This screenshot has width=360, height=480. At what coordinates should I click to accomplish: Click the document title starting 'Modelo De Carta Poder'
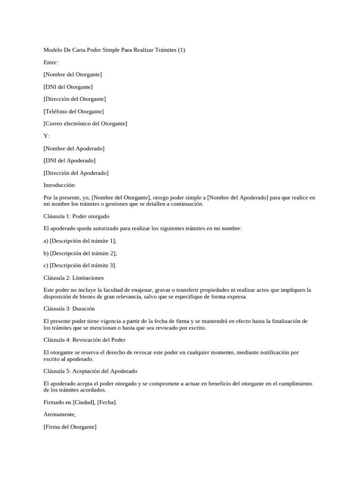114,50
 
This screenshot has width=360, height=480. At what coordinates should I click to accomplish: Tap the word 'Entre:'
51,62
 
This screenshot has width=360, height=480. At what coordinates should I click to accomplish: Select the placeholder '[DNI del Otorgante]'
68,87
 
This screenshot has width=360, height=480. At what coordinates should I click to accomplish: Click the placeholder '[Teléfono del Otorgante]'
74,112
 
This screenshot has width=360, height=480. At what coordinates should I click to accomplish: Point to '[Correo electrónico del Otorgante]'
85,124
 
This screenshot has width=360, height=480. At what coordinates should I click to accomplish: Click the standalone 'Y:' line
46,136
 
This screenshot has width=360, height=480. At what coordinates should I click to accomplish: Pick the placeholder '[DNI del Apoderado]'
69,161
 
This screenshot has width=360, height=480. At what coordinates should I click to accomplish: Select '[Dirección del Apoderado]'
76,173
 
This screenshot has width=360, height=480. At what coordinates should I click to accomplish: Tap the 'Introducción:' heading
60,185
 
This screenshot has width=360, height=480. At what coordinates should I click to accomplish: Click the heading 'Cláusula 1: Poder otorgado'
76,217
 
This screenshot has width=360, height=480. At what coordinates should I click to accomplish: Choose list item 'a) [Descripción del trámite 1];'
80,241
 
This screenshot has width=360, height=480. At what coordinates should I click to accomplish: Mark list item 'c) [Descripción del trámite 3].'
80,265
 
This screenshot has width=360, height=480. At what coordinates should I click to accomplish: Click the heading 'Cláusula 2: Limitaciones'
74,278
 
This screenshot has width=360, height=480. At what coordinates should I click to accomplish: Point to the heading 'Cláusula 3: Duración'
69,309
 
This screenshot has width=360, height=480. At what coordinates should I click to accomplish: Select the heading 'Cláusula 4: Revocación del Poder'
84,340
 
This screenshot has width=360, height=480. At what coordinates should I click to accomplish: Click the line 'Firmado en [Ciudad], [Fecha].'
80,402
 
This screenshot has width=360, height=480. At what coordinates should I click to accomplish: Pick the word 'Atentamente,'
60,414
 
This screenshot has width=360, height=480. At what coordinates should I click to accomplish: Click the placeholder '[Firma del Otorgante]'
70,427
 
